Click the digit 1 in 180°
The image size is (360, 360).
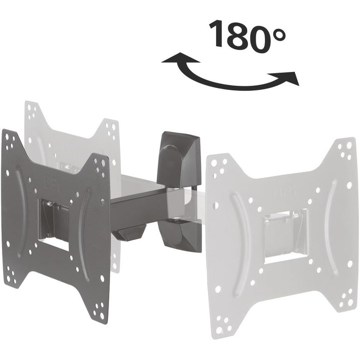218,34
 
